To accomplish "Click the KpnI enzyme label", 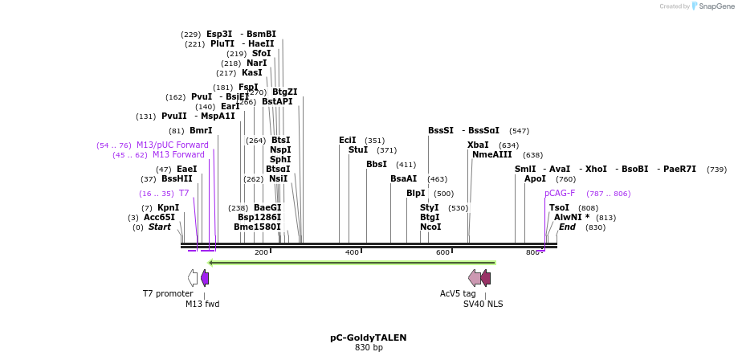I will coord(168,208).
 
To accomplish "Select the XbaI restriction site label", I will coord(478,145).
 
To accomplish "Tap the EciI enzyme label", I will coord(347,141).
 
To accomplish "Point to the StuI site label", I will coord(357,150).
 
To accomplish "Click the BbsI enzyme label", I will coord(376,165).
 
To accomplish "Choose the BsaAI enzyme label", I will coord(403,179).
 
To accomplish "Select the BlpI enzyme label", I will coord(415,194).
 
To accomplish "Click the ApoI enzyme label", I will coord(535,179).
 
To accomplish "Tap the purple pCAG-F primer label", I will coord(560,194).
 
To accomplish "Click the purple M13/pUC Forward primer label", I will coord(172,145).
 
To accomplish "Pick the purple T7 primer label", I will coord(184,194).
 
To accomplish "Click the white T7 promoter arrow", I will coord(193,278).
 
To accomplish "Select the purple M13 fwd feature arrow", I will coord(205,278).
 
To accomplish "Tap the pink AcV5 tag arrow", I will coord(475,278).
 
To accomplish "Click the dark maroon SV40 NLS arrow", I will coord(485,278).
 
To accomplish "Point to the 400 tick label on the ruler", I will coord(352,253).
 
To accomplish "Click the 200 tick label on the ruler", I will coord(261,253).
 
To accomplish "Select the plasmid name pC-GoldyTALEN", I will coord(369,338).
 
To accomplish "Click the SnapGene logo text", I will coord(713,6).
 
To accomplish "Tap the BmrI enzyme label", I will coord(201,131).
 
